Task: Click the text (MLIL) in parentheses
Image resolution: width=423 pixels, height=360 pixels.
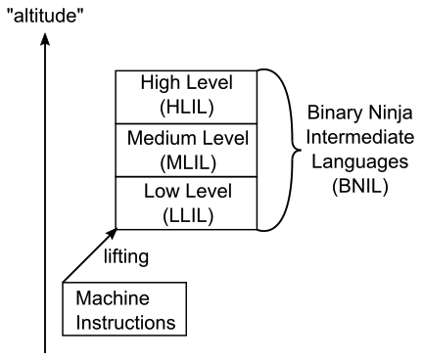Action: tap(182, 158)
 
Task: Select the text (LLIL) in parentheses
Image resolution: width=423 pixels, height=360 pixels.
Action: tap(182, 212)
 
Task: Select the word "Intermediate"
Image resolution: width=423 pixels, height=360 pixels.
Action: tap(358, 138)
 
